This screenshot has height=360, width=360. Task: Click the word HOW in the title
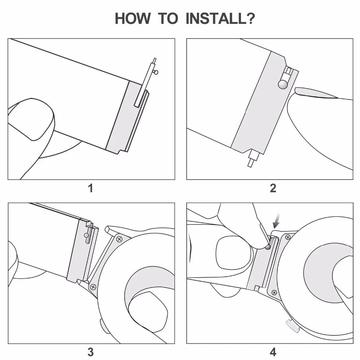point(134,19)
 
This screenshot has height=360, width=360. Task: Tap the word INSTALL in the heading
point(215,19)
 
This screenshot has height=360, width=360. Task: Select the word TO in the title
point(169,19)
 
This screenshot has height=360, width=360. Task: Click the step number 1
point(90,188)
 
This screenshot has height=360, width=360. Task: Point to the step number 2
point(273,188)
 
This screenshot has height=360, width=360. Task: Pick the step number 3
point(90,352)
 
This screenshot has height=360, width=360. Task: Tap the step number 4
point(273,352)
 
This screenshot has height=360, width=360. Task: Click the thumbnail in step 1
point(31,119)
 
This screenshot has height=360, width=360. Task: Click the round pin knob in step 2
point(283,84)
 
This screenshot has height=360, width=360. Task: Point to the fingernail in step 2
point(316,93)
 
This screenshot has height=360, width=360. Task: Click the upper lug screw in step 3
point(119,239)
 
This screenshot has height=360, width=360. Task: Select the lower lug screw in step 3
point(93,286)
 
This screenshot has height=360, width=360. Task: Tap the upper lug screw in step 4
point(288,237)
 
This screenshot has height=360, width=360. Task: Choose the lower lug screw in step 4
point(274,292)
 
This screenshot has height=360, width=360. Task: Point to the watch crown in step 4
point(291,326)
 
